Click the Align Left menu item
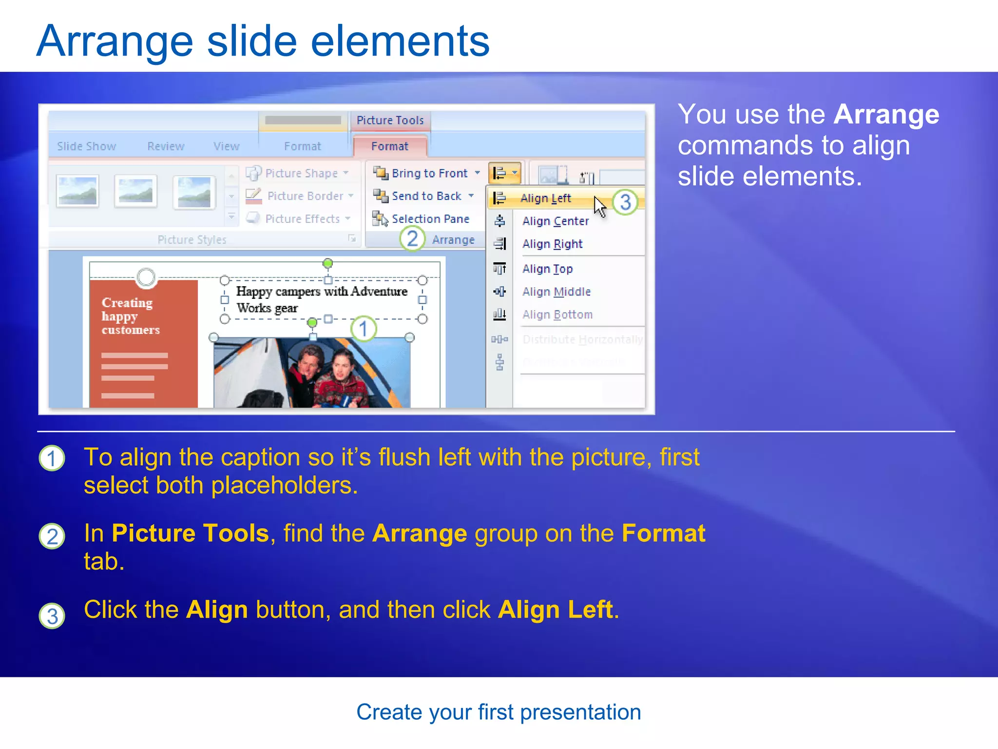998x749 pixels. tap(545, 198)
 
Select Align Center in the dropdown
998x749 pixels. tap(555, 221)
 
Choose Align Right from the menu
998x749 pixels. tap(552, 244)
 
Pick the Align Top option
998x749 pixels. tap(547, 269)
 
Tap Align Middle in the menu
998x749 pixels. tap(556, 292)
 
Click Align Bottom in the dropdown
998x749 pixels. tap(557, 315)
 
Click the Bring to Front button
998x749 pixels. tap(429, 174)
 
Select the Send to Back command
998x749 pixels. tap(426, 197)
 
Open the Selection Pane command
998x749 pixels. tap(430, 219)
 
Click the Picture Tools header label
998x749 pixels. tap(390, 120)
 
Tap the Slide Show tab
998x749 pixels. tap(86, 147)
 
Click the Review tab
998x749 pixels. tap(166, 147)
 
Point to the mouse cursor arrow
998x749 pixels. tap(599, 206)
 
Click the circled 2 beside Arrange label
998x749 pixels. tap(412, 239)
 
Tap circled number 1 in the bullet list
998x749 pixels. tap(52, 458)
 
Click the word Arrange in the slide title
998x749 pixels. tap(115, 41)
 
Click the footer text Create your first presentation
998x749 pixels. tap(499, 712)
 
